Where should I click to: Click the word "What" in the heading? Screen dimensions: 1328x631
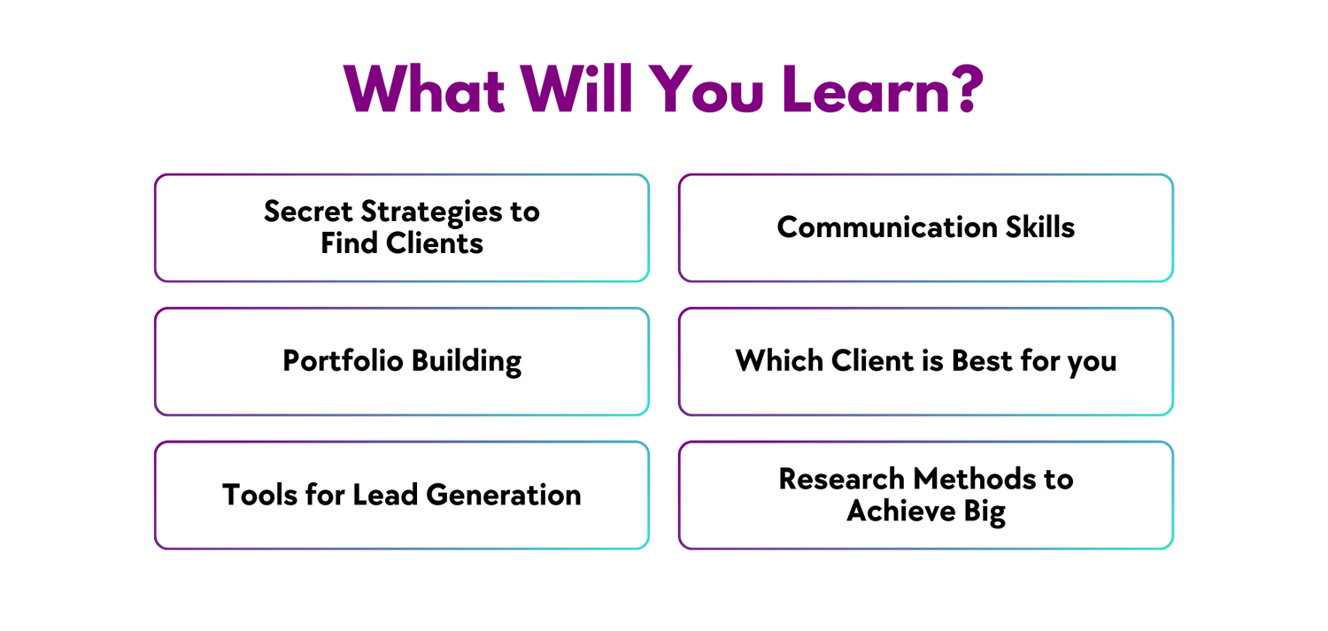[424, 89]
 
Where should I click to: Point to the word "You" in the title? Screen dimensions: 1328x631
[706, 89]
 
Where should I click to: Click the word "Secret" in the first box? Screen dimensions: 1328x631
[308, 212]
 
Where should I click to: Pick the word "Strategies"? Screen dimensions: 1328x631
[431, 212]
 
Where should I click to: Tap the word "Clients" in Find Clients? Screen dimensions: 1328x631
[435, 243]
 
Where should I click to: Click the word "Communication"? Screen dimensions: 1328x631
[887, 227]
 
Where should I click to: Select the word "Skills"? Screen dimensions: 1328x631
[1040, 227]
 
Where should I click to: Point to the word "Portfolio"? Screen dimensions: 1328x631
[343, 361]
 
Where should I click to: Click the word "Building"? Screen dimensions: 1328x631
[467, 362]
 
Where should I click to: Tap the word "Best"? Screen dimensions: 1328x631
[982, 361]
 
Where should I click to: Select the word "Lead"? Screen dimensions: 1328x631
[385, 495]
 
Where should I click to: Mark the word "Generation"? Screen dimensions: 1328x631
[504, 495]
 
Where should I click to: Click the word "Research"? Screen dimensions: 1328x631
[841, 480]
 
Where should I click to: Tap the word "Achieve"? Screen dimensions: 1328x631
[901, 511]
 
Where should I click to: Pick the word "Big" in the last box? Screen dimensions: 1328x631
[984, 512]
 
